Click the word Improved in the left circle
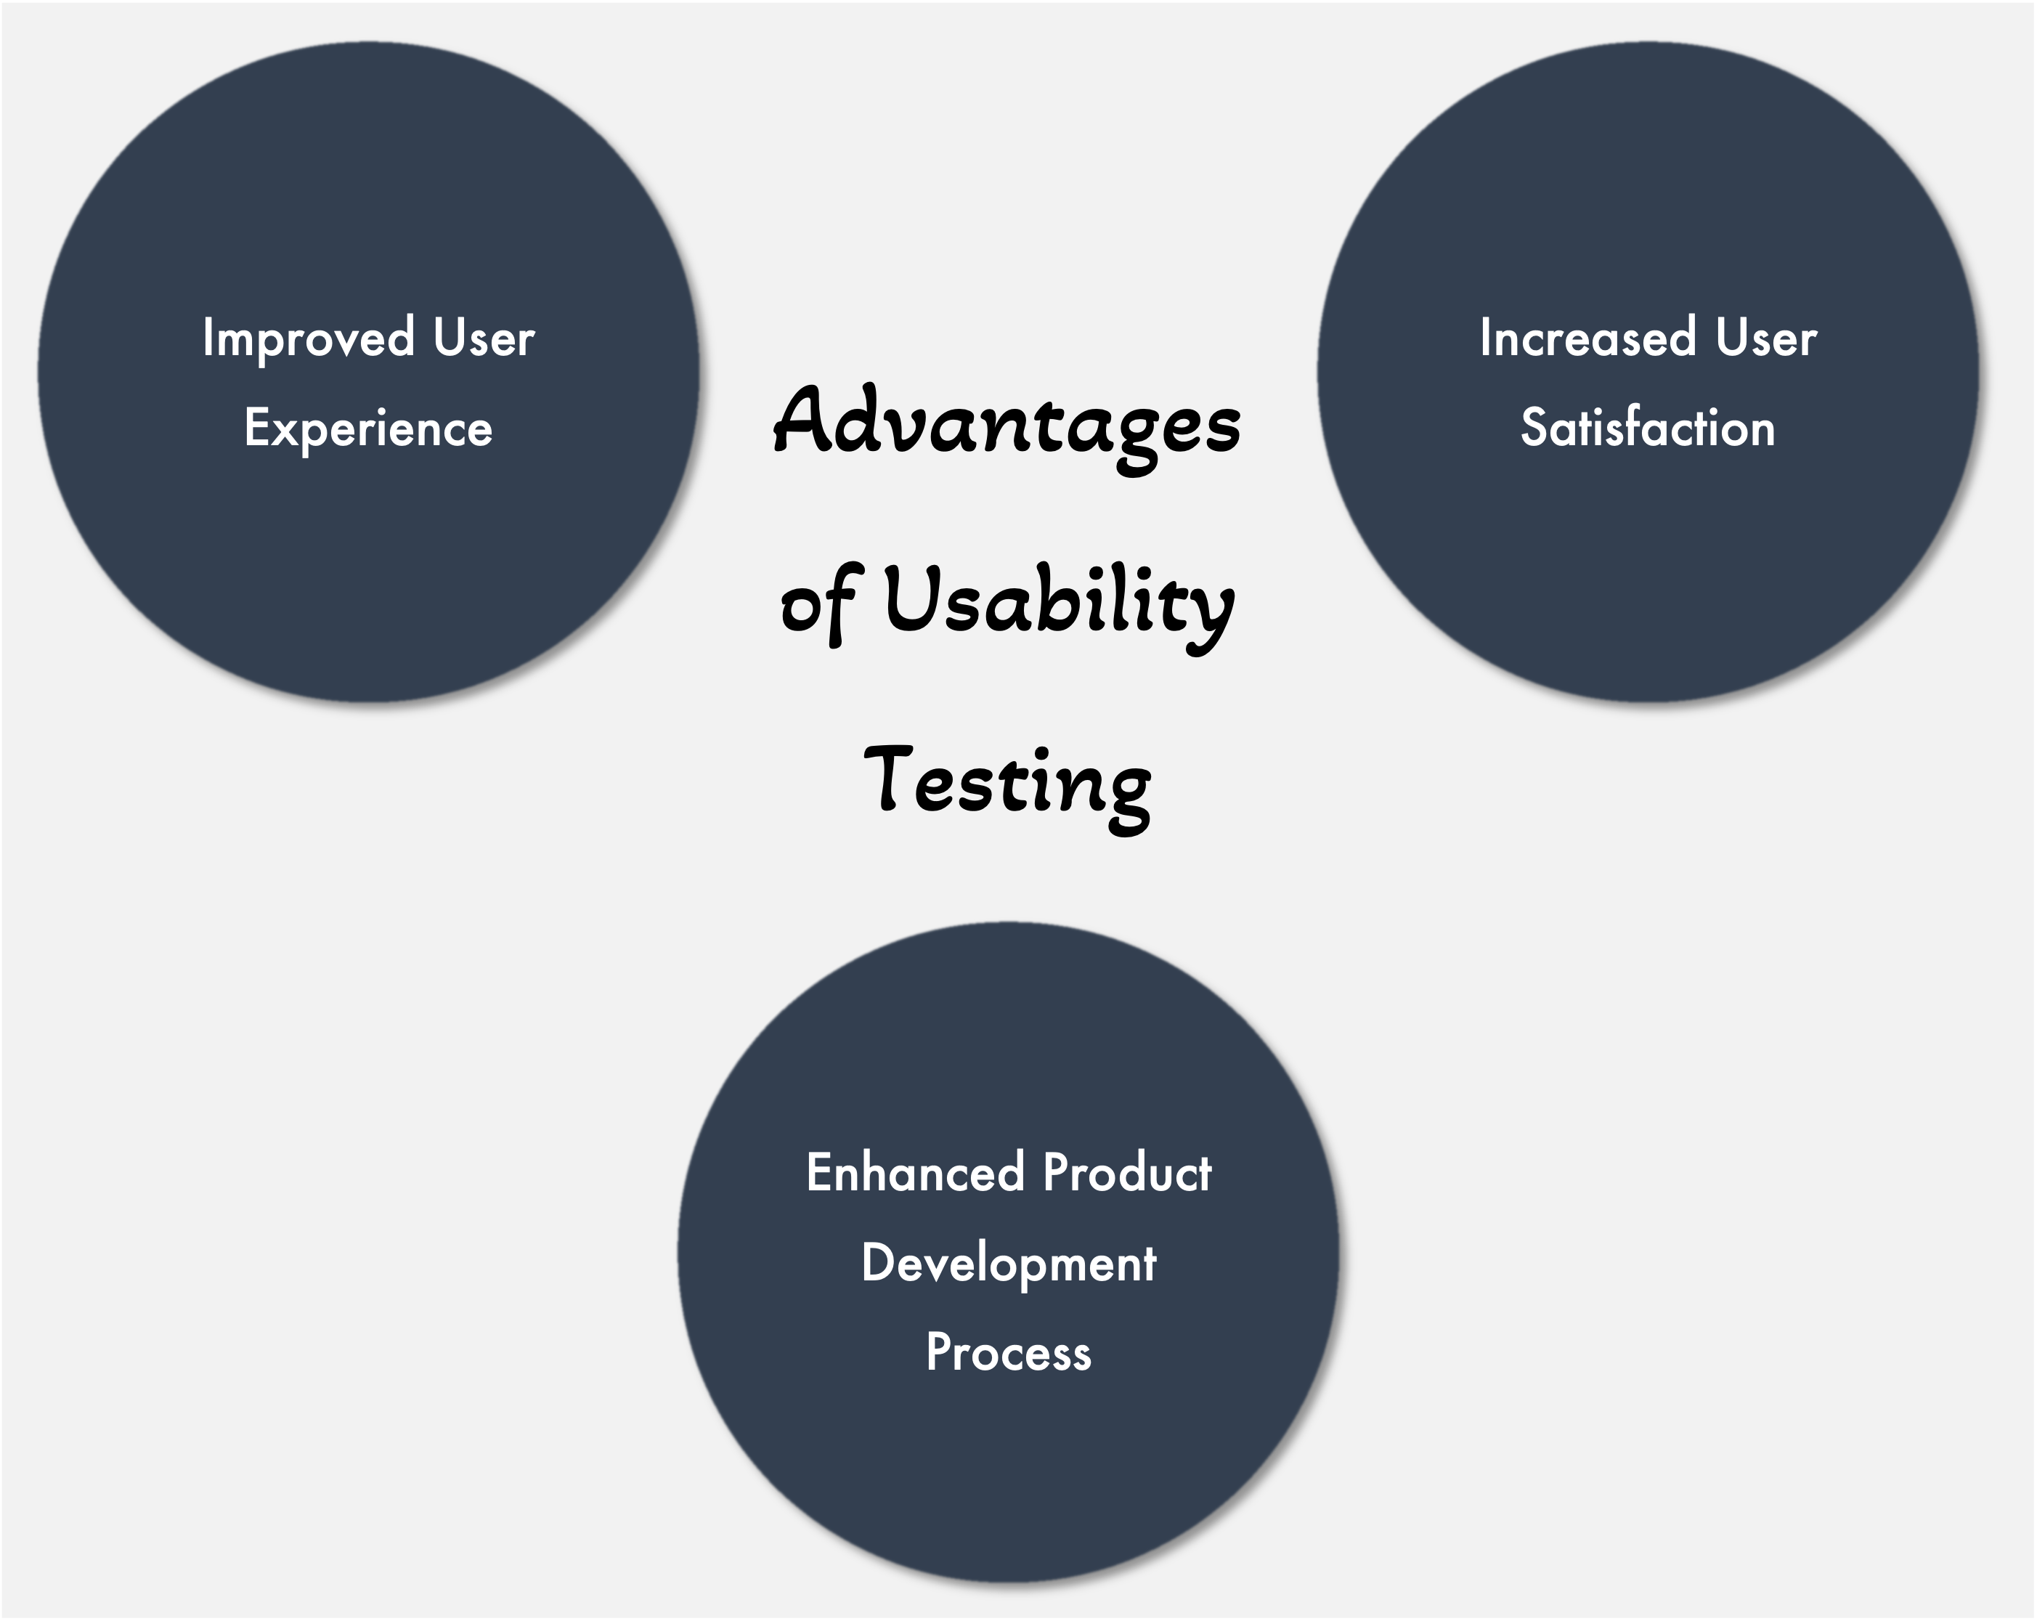pos(309,339)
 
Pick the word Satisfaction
pos(1648,427)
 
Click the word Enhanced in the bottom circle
pos(914,1172)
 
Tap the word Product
pos(1127,1172)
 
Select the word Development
pos(1009,1264)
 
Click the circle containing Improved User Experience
pos(368,372)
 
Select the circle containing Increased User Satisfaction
pos(1648,372)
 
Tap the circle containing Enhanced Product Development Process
pos(1008,1251)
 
